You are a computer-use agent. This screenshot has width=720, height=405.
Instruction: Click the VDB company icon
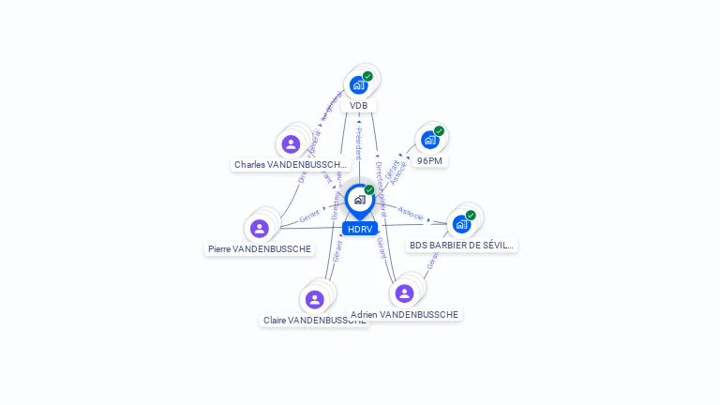(x=358, y=85)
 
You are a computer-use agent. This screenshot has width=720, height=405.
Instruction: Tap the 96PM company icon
(x=429, y=141)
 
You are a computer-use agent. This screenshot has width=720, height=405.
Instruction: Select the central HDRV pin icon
(x=359, y=200)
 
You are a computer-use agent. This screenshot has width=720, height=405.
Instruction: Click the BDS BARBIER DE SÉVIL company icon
(x=461, y=224)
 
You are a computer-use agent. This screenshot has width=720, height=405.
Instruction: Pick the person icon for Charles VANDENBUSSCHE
(x=291, y=144)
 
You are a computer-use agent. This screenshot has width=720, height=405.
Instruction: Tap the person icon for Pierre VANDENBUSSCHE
(x=260, y=229)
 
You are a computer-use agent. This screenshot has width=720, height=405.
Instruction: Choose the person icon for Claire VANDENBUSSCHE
(x=314, y=299)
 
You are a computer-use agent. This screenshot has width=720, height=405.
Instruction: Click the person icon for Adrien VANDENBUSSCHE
(x=404, y=293)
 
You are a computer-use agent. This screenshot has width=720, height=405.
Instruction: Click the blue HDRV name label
(x=360, y=229)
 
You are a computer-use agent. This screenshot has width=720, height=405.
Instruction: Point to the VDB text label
(x=358, y=106)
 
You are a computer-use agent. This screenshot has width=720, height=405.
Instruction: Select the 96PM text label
(x=429, y=161)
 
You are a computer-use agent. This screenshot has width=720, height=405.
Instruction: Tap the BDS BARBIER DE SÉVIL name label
(x=462, y=246)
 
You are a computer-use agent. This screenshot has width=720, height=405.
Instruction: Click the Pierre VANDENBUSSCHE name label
(x=260, y=249)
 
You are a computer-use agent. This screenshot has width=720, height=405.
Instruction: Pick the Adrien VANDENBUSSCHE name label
(x=404, y=315)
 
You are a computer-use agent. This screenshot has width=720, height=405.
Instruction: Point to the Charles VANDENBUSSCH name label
(x=291, y=165)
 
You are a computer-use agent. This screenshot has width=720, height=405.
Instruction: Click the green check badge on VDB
(x=367, y=76)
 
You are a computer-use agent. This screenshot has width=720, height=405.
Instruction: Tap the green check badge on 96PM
(x=439, y=131)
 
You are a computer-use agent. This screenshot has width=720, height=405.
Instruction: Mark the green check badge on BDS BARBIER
(x=471, y=215)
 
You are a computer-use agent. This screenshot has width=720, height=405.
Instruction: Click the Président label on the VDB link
(x=358, y=142)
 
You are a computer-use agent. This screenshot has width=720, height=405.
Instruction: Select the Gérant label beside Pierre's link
(x=309, y=217)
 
